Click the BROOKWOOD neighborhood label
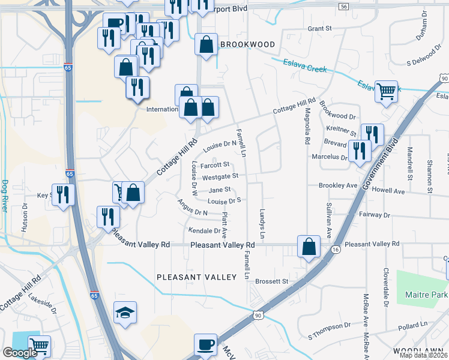[x=247, y=44]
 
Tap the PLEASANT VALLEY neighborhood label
[x=197, y=277]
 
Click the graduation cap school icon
[x=125, y=313]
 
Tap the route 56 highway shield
[x=343, y=7]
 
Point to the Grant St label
[x=319, y=28]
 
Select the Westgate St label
[x=220, y=176]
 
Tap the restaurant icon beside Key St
[x=62, y=194]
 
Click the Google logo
[x=20, y=353]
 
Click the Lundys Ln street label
[x=262, y=222]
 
